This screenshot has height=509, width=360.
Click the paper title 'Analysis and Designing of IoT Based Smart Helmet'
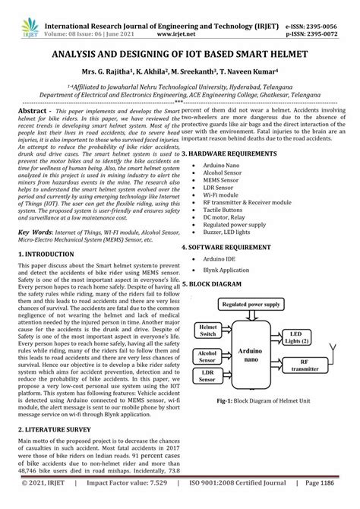click(180, 55)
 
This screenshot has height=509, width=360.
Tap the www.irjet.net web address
click(184, 23)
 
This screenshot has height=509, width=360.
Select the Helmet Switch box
click(207, 330)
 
